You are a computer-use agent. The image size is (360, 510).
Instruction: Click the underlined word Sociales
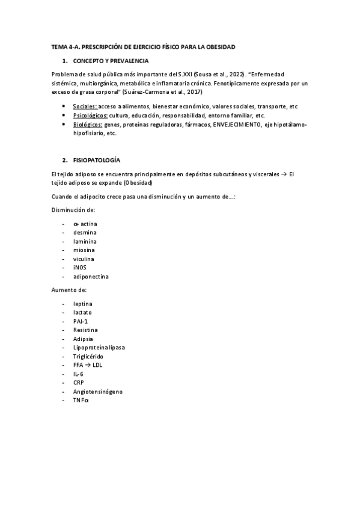84,106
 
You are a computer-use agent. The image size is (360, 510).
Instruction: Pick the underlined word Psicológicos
90,115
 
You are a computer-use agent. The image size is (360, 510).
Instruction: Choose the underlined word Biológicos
87,124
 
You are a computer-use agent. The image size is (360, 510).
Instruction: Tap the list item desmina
85,232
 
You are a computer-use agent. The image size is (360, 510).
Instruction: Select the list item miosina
84,250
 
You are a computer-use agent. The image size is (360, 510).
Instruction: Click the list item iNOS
81,268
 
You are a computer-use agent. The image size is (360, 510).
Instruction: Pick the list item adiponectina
91,277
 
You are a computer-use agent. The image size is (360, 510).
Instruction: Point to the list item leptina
83,304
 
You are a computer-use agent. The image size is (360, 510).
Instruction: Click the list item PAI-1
81,321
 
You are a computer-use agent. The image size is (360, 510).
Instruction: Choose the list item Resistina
85,330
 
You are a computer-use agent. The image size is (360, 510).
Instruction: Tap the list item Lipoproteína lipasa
99,347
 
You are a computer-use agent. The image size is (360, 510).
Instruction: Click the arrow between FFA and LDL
88,364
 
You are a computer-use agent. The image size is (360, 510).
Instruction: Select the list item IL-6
79,373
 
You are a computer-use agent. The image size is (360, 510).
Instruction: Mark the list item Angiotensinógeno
97,391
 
